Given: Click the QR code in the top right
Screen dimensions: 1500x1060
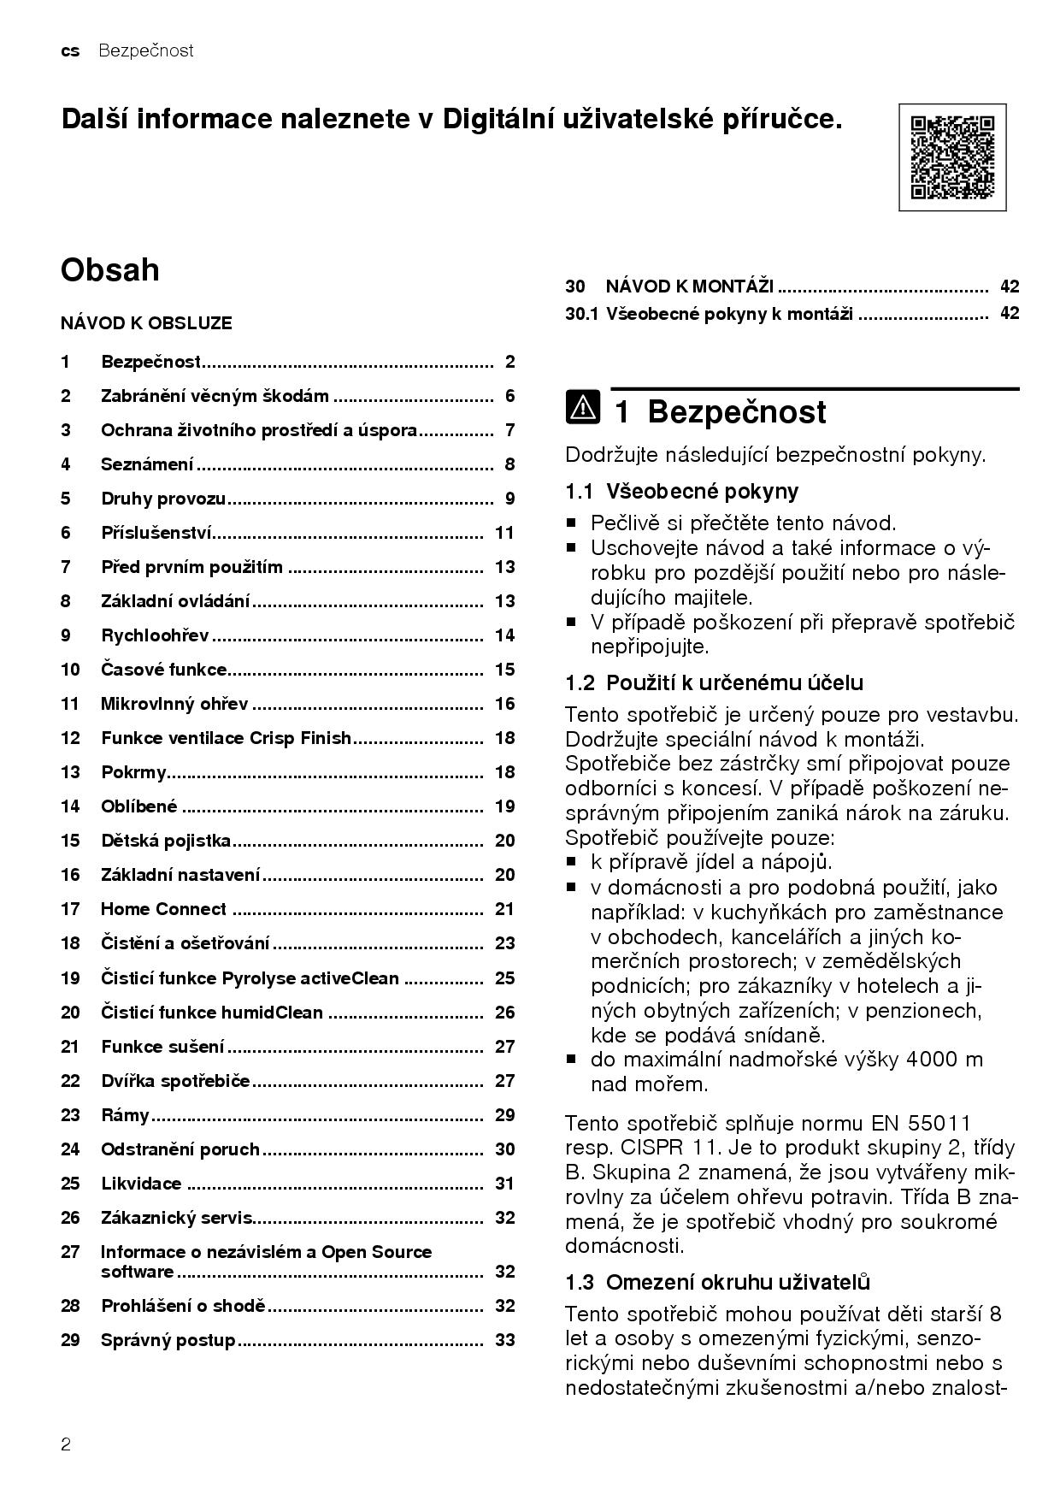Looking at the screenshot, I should point(952,157).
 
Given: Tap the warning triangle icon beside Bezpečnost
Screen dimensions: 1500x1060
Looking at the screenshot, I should point(583,409).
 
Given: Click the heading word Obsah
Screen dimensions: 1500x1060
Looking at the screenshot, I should point(110,270).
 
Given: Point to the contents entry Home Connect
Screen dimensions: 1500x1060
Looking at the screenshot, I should point(163,909).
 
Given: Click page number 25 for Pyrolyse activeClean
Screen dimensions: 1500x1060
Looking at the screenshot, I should point(504,977).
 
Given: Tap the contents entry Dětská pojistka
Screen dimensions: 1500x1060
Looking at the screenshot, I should point(166,841).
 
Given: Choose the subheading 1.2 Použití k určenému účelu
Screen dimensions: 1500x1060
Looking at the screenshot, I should point(714,682).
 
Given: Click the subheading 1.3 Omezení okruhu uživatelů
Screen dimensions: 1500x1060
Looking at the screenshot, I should point(717,1282).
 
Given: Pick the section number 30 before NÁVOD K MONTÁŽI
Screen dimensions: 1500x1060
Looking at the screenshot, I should point(574,286).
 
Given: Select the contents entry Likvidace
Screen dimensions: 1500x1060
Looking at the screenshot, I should point(141,1184).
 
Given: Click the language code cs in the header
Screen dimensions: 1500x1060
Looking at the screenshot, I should point(70,51).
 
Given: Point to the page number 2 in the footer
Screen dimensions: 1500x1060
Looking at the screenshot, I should point(66,1445).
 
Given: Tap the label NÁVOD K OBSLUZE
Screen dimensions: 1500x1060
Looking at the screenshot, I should point(146,323).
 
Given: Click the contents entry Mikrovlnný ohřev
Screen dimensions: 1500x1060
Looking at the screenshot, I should point(174,704).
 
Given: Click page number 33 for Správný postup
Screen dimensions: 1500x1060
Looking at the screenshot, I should point(504,1340).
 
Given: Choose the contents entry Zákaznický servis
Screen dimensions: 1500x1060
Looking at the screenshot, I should point(177,1218).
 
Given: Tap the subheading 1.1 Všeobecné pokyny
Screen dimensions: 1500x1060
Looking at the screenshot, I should point(681,491).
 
